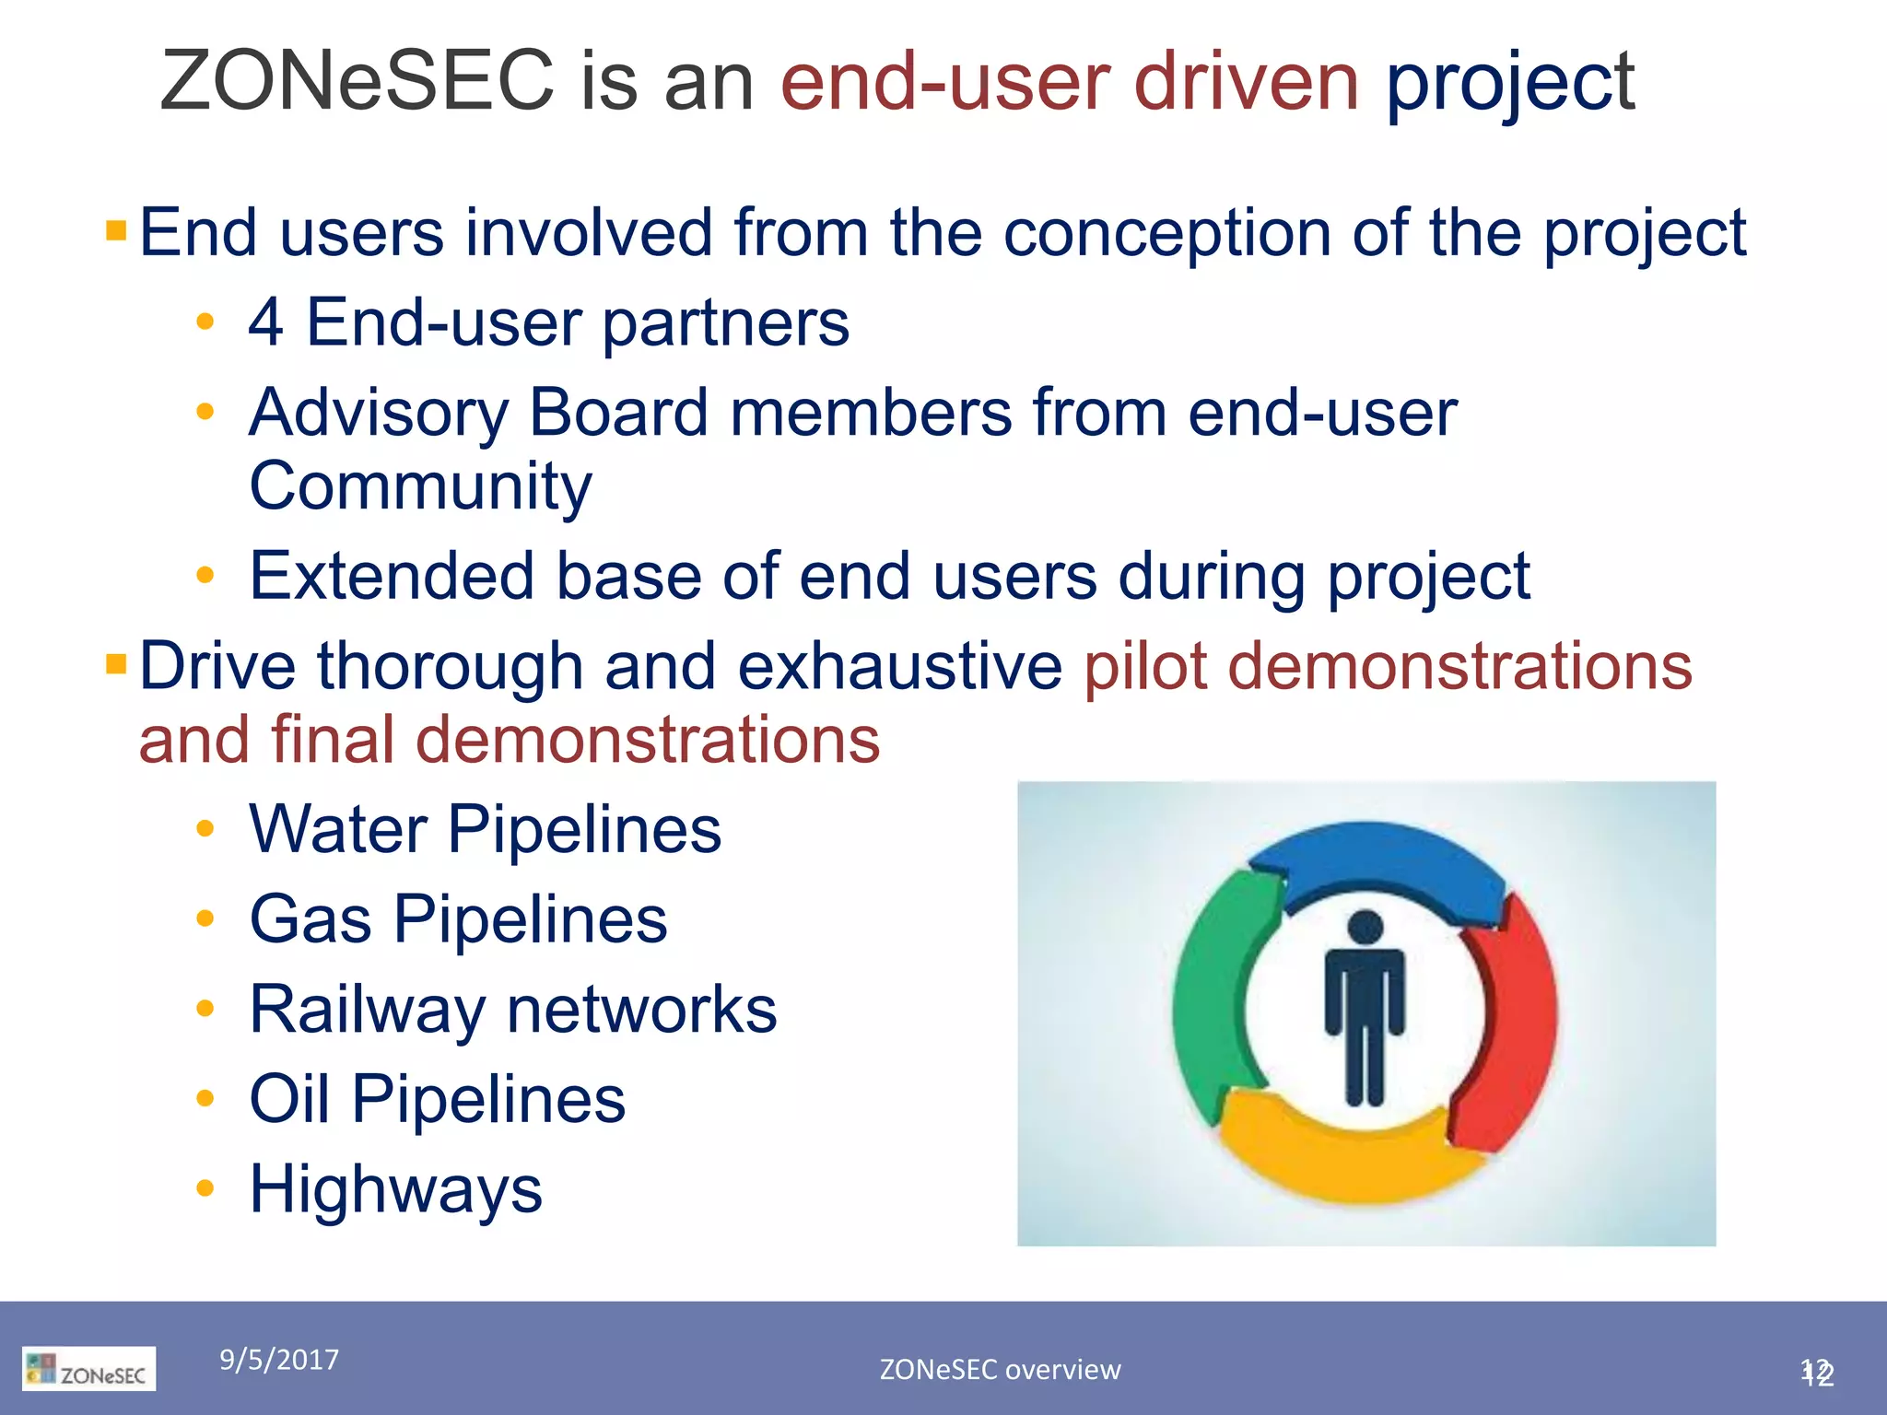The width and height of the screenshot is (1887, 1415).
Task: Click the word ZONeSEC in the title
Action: tap(357, 81)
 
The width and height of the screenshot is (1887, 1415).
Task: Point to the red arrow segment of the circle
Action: tap(1511, 1023)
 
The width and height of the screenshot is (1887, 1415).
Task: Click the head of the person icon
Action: tap(1365, 928)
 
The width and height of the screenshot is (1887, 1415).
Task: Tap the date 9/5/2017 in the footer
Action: tap(279, 1360)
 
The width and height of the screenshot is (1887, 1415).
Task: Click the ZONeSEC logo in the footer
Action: tap(89, 1369)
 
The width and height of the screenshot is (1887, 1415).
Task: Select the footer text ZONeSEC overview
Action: tap(1000, 1370)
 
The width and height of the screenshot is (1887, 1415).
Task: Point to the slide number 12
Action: tap(1817, 1372)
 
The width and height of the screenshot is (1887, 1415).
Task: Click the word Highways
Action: tap(396, 1189)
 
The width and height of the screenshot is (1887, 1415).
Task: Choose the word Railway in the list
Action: tap(367, 1011)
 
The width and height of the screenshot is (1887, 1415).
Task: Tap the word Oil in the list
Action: tap(289, 1099)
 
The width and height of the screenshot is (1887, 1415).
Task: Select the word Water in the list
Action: tap(338, 829)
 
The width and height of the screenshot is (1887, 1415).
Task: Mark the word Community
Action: tap(420, 486)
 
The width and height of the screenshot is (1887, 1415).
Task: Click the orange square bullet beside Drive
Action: tap(116, 663)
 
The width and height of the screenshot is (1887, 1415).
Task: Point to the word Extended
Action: tap(392, 577)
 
